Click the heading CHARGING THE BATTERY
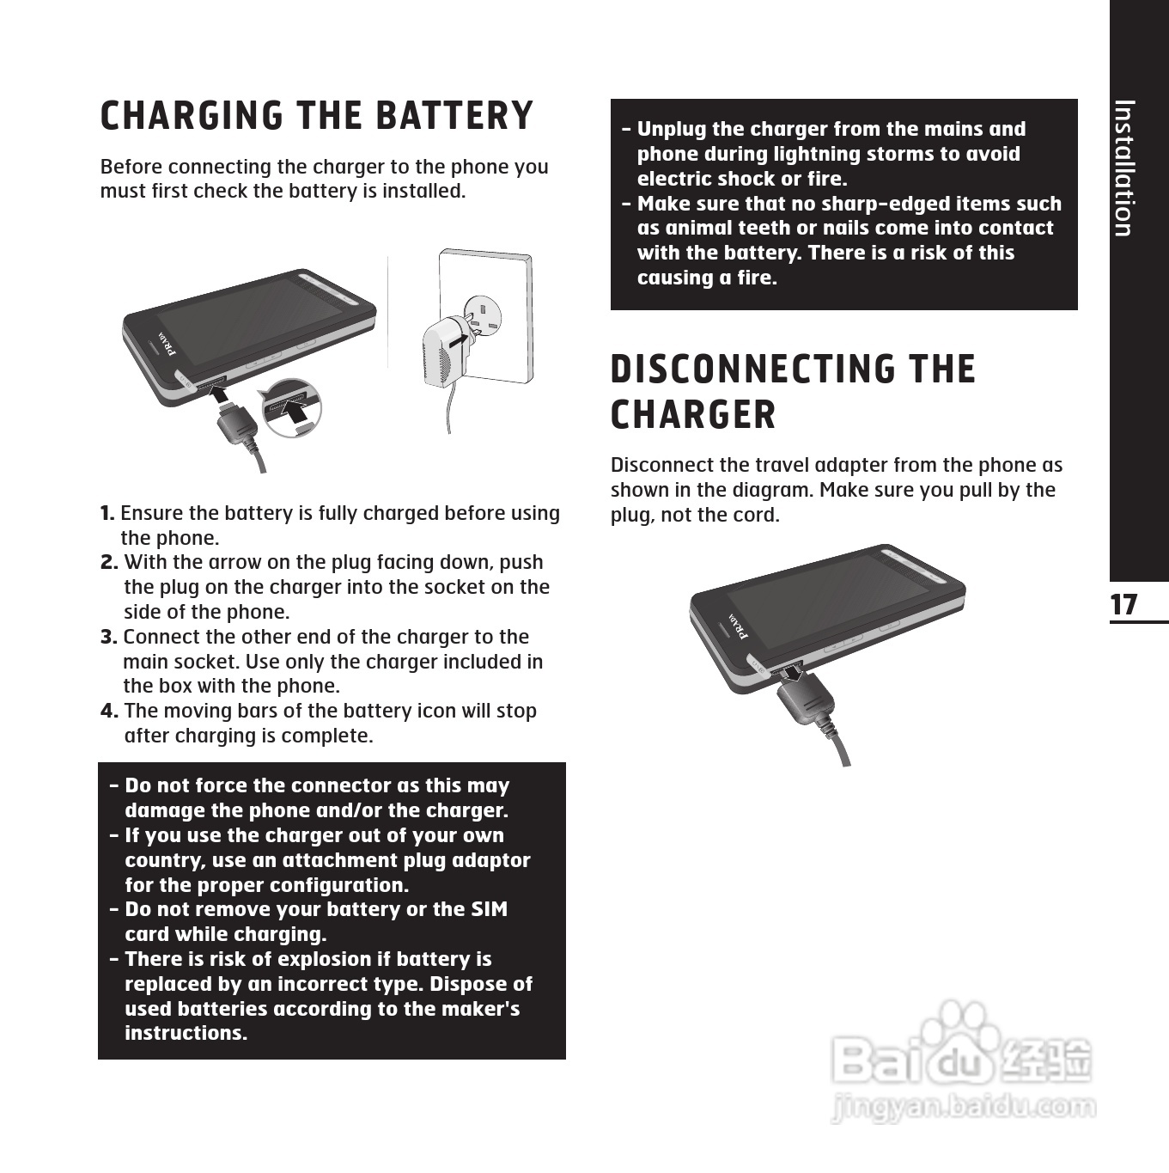click(316, 117)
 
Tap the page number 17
click(1123, 605)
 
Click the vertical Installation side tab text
click(1123, 168)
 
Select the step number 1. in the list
click(107, 514)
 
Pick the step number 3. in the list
click(109, 638)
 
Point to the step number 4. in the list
click(109, 712)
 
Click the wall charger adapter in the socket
click(445, 348)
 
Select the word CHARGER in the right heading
click(693, 416)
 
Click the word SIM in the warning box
click(490, 910)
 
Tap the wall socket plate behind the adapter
click(507, 292)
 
